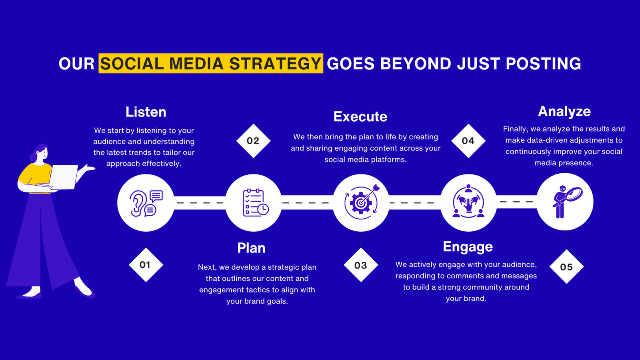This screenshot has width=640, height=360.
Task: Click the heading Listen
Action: tap(146, 112)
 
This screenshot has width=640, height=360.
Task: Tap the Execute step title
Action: tap(360, 116)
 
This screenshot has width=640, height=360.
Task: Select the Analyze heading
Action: tap(564, 112)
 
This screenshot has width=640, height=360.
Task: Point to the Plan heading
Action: tap(252, 248)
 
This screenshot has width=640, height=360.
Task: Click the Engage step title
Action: tap(468, 247)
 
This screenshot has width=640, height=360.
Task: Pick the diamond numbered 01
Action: tap(146, 265)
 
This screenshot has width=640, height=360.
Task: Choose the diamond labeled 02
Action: tap(254, 141)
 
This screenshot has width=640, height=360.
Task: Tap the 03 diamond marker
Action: tap(361, 265)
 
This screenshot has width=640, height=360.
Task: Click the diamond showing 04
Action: tap(468, 141)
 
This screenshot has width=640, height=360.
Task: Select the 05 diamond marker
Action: tap(566, 266)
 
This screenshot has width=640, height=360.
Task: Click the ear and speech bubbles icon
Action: tap(146, 203)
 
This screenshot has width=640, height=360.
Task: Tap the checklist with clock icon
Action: tap(256, 202)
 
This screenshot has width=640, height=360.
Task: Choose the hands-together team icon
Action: tap(468, 202)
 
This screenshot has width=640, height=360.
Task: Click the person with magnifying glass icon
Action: tap(567, 202)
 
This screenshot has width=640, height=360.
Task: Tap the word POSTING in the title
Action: tap(544, 64)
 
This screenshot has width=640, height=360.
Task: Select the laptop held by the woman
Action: tap(64, 177)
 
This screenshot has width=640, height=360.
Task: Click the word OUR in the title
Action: tap(76, 64)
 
